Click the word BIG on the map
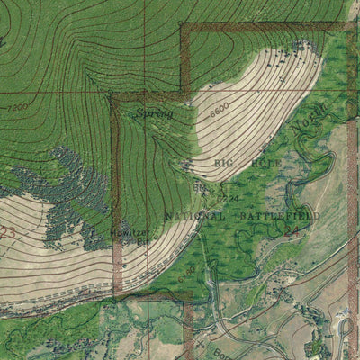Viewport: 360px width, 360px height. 225,162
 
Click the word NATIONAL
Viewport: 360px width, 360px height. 193,217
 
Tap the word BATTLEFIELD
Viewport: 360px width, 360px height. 266,217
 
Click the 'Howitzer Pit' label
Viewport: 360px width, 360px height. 131,236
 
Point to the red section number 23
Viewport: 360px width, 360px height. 8,232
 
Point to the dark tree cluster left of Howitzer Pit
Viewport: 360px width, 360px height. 67,193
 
